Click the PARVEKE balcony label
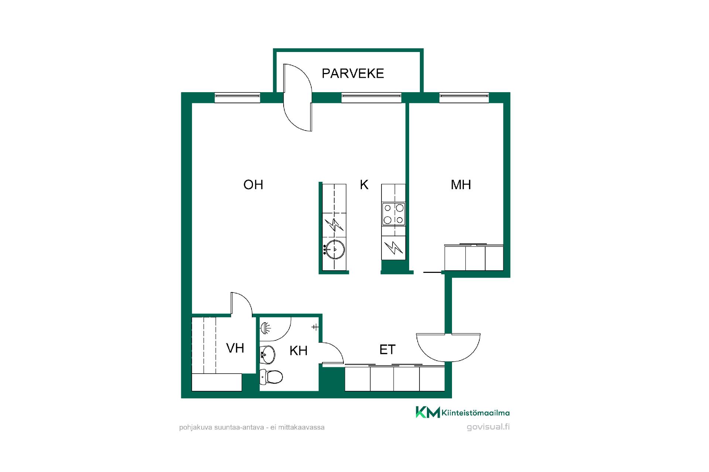pyautogui.click(x=353, y=73)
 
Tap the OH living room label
pyautogui.click(x=253, y=185)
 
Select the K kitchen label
pyautogui.click(x=364, y=185)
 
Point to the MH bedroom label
pyautogui.click(x=461, y=185)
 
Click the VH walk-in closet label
pyautogui.click(x=235, y=348)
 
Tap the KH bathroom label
pyautogui.click(x=298, y=351)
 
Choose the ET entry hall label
pyautogui.click(x=387, y=350)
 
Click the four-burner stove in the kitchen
pyautogui.click(x=394, y=214)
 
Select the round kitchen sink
pyautogui.click(x=335, y=249)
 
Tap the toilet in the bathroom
pyautogui.click(x=271, y=376)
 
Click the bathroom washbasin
pyautogui.click(x=268, y=355)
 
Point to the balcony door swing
pyautogui.click(x=298, y=97)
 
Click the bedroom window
pyautogui.click(x=464, y=97)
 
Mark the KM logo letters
pyautogui.click(x=428, y=412)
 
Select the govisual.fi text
pyautogui.click(x=488, y=427)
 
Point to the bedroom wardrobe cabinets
pyautogui.click(x=474, y=257)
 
